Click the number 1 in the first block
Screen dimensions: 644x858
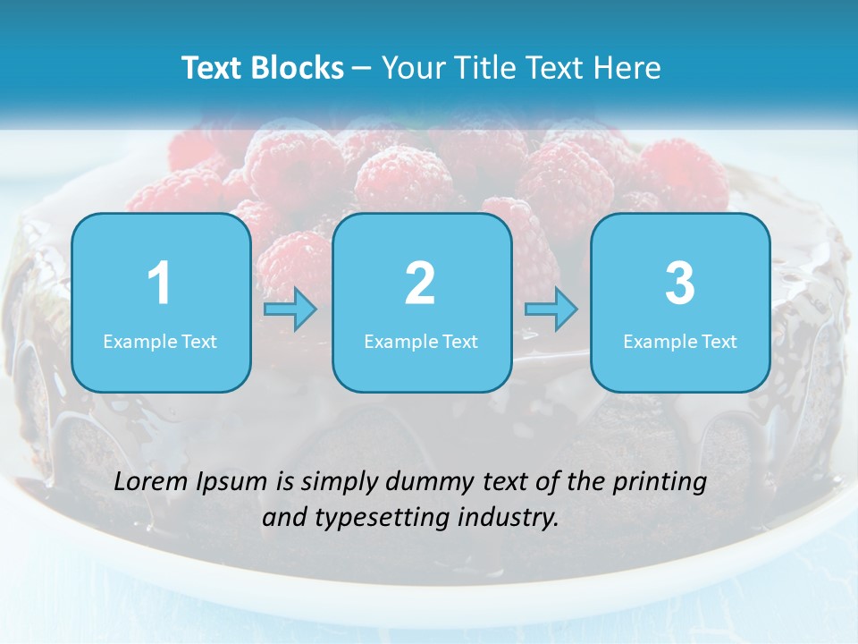click(159, 284)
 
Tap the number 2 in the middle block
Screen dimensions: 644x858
click(420, 284)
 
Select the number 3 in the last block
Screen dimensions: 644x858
click(680, 284)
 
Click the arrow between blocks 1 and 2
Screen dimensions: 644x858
click(290, 309)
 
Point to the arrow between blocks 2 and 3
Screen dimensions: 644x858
click(551, 309)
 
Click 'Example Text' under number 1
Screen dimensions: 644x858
click(160, 342)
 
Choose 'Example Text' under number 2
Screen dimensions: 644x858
click(421, 342)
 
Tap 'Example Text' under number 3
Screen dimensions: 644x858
click(680, 342)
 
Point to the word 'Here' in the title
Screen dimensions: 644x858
click(629, 68)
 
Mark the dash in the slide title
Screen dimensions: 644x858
click(362, 69)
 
